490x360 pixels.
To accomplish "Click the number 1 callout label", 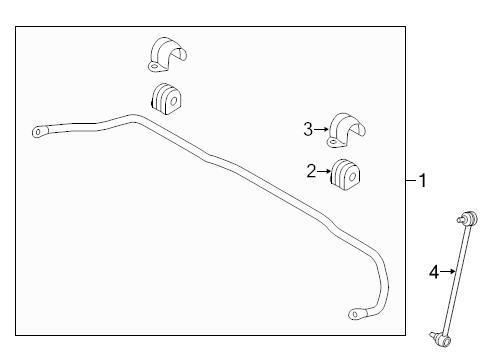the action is pyautogui.click(x=422, y=180).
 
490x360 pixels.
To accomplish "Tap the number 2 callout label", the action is pyautogui.click(x=312, y=171).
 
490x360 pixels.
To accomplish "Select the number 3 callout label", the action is pyautogui.click(x=309, y=128).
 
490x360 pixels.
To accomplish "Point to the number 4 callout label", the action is pyautogui.click(x=434, y=270).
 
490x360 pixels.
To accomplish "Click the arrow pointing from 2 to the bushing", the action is pyautogui.click(x=324, y=171).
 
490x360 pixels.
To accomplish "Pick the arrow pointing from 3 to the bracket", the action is pyautogui.click(x=321, y=128).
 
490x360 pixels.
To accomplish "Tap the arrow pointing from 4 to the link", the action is pyautogui.click(x=446, y=270).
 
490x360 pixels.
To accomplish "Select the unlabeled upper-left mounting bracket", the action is pyautogui.click(x=163, y=56).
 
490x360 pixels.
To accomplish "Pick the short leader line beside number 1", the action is pyautogui.click(x=410, y=180).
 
